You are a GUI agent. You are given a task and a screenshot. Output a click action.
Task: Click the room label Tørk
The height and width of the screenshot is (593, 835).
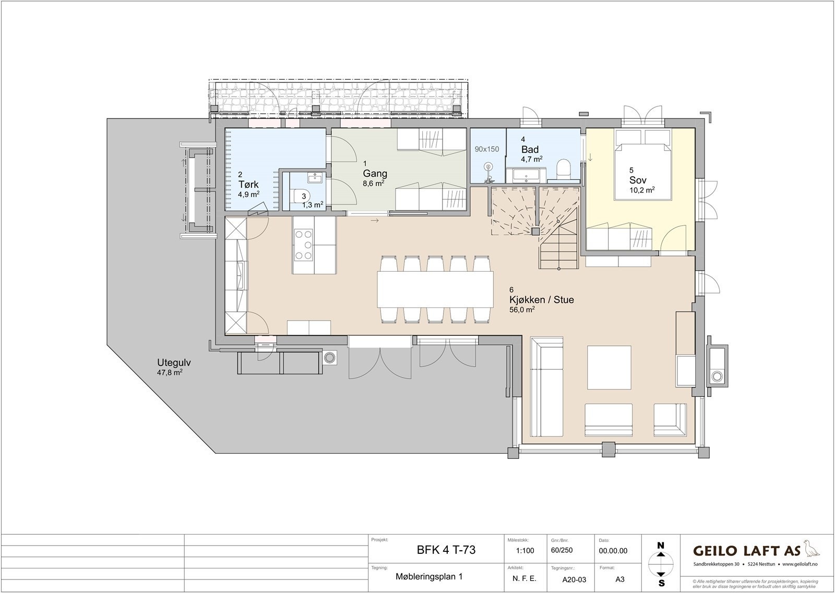(x=248, y=185)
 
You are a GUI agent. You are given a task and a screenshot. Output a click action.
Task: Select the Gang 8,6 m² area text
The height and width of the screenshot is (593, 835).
(x=373, y=183)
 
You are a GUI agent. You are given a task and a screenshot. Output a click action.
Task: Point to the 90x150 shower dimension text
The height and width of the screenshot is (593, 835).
(x=486, y=149)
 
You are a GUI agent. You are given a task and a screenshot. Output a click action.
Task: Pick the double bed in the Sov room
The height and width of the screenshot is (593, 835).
(x=642, y=164)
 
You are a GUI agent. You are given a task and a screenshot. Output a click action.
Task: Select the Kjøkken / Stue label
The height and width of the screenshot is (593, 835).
(x=541, y=300)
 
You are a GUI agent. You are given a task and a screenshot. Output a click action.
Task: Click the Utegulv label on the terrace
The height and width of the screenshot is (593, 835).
(x=172, y=364)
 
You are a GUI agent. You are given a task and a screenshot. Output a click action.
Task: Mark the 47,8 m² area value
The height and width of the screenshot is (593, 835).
(x=170, y=373)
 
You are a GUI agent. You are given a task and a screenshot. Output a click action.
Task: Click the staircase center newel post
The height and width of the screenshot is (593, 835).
(x=535, y=231)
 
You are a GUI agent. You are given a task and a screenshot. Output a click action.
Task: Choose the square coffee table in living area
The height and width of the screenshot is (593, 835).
(x=610, y=367)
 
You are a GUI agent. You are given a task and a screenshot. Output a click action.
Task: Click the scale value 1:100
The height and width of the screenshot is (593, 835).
(x=524, y=551)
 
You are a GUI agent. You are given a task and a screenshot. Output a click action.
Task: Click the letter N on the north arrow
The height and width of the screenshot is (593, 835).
(x=661, y=546)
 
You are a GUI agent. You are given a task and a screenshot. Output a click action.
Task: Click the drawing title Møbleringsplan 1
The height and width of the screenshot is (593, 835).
(x=429, y=577)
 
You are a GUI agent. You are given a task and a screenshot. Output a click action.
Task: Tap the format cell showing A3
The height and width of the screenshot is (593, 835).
(x=620, y=578)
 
